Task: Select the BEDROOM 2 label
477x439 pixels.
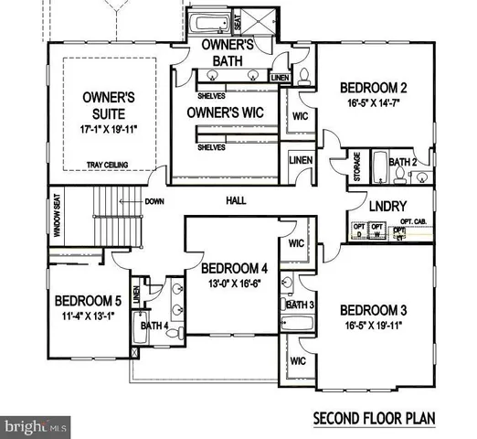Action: pyautogui.click(x=374, y=88)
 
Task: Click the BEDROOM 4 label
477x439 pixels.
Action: pyautogui.click(x=233, y=269)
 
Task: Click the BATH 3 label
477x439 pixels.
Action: pyautogui.click(x=300, y=305)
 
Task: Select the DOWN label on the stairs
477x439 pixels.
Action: pyautogui.click(x=154, y=201)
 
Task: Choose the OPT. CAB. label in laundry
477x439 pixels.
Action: pyautogui.click(x=414, y=222)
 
